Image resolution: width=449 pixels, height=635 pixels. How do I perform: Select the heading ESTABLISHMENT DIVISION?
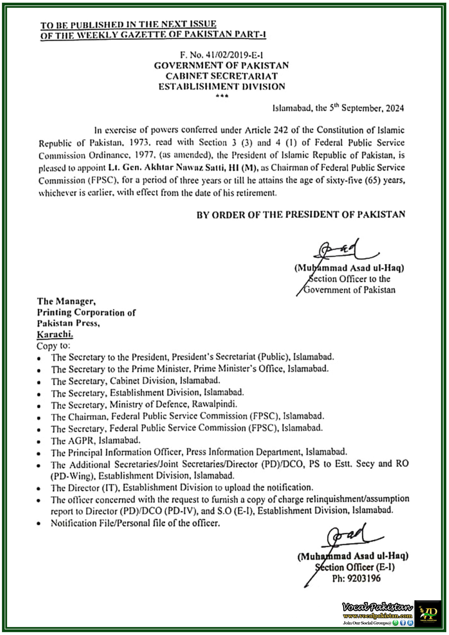pyautogui.click(x=222, y=87)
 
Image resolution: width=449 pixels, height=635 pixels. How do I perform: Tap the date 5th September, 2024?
pyautogui.click(x=366, y=108)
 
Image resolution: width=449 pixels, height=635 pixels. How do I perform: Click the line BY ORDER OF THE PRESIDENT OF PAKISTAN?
pyautogui.click(x=301, y=215)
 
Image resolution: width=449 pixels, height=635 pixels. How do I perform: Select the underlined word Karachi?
pyautogui.click(x=55, y=334)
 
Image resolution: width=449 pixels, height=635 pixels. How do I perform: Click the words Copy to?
pyautogui.click(x=53, y=346)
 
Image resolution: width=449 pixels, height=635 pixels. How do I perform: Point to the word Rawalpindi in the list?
pyautogui.click(x=214, y=404)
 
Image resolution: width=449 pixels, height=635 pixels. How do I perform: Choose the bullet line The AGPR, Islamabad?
pyautogui.click(x=96, y=440)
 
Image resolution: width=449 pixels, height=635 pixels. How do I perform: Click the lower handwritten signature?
pyautogui.click(x=350, y=538)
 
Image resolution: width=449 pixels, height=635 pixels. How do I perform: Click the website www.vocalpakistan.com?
pyautogui.click(x=377, y=616)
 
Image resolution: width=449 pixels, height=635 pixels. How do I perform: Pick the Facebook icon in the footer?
pyautogui.click(x=403, y=623)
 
